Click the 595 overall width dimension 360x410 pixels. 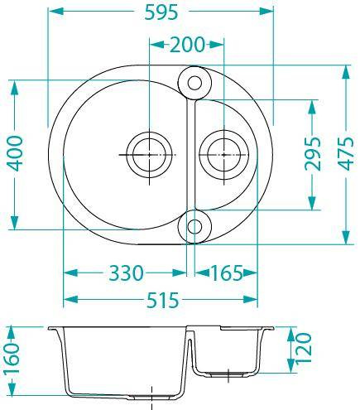point(161,12)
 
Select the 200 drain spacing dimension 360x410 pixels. point(187,45)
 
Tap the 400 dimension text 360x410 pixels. point(15,153)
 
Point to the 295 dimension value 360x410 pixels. point(313,153)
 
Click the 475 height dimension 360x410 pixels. point(347,153)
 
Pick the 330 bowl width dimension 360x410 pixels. point(127,273)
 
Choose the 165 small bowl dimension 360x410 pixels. point(227,273)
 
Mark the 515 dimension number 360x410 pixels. point(162,300)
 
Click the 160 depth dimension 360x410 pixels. point(12,359)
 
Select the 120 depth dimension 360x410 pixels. point(304,349)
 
